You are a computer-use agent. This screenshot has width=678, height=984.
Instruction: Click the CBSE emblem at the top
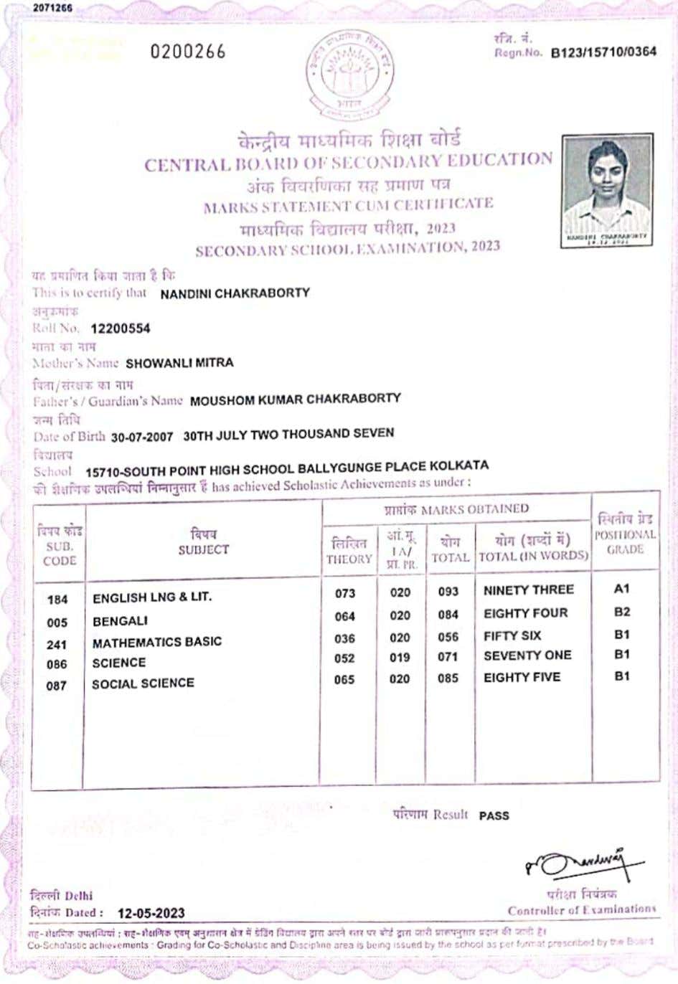click(349, 75)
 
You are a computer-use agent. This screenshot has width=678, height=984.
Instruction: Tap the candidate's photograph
click(607, 190)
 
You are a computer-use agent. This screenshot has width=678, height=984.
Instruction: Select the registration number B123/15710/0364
click(603, 52)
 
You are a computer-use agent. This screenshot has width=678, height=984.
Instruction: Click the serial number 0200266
click(188, 52)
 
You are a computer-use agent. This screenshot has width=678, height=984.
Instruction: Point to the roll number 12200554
click(121, 328)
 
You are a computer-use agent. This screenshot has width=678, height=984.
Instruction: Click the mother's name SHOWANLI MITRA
click(179, 363)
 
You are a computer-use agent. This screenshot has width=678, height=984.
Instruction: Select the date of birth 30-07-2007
click(142, 436)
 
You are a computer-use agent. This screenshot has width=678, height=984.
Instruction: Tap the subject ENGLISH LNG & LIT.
click(152, 597)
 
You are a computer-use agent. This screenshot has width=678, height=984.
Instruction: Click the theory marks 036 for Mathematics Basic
click(344, 638)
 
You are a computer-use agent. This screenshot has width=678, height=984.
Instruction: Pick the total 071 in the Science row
click(448, 657)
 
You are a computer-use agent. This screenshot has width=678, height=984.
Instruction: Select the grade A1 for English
click(621, 589)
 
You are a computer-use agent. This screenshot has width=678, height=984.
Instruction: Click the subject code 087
click(57, 686)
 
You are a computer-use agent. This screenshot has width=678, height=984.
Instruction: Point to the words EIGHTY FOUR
click(525, 613)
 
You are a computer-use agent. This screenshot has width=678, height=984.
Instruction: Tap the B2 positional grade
click(621, 612)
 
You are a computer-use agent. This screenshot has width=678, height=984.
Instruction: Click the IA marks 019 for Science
click(400, 658)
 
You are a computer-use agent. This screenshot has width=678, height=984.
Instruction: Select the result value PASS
click(494, 815)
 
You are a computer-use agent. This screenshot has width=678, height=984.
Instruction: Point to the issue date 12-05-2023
click(151, 913)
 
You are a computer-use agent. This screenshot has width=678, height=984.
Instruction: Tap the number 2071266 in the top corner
click(52, 8)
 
